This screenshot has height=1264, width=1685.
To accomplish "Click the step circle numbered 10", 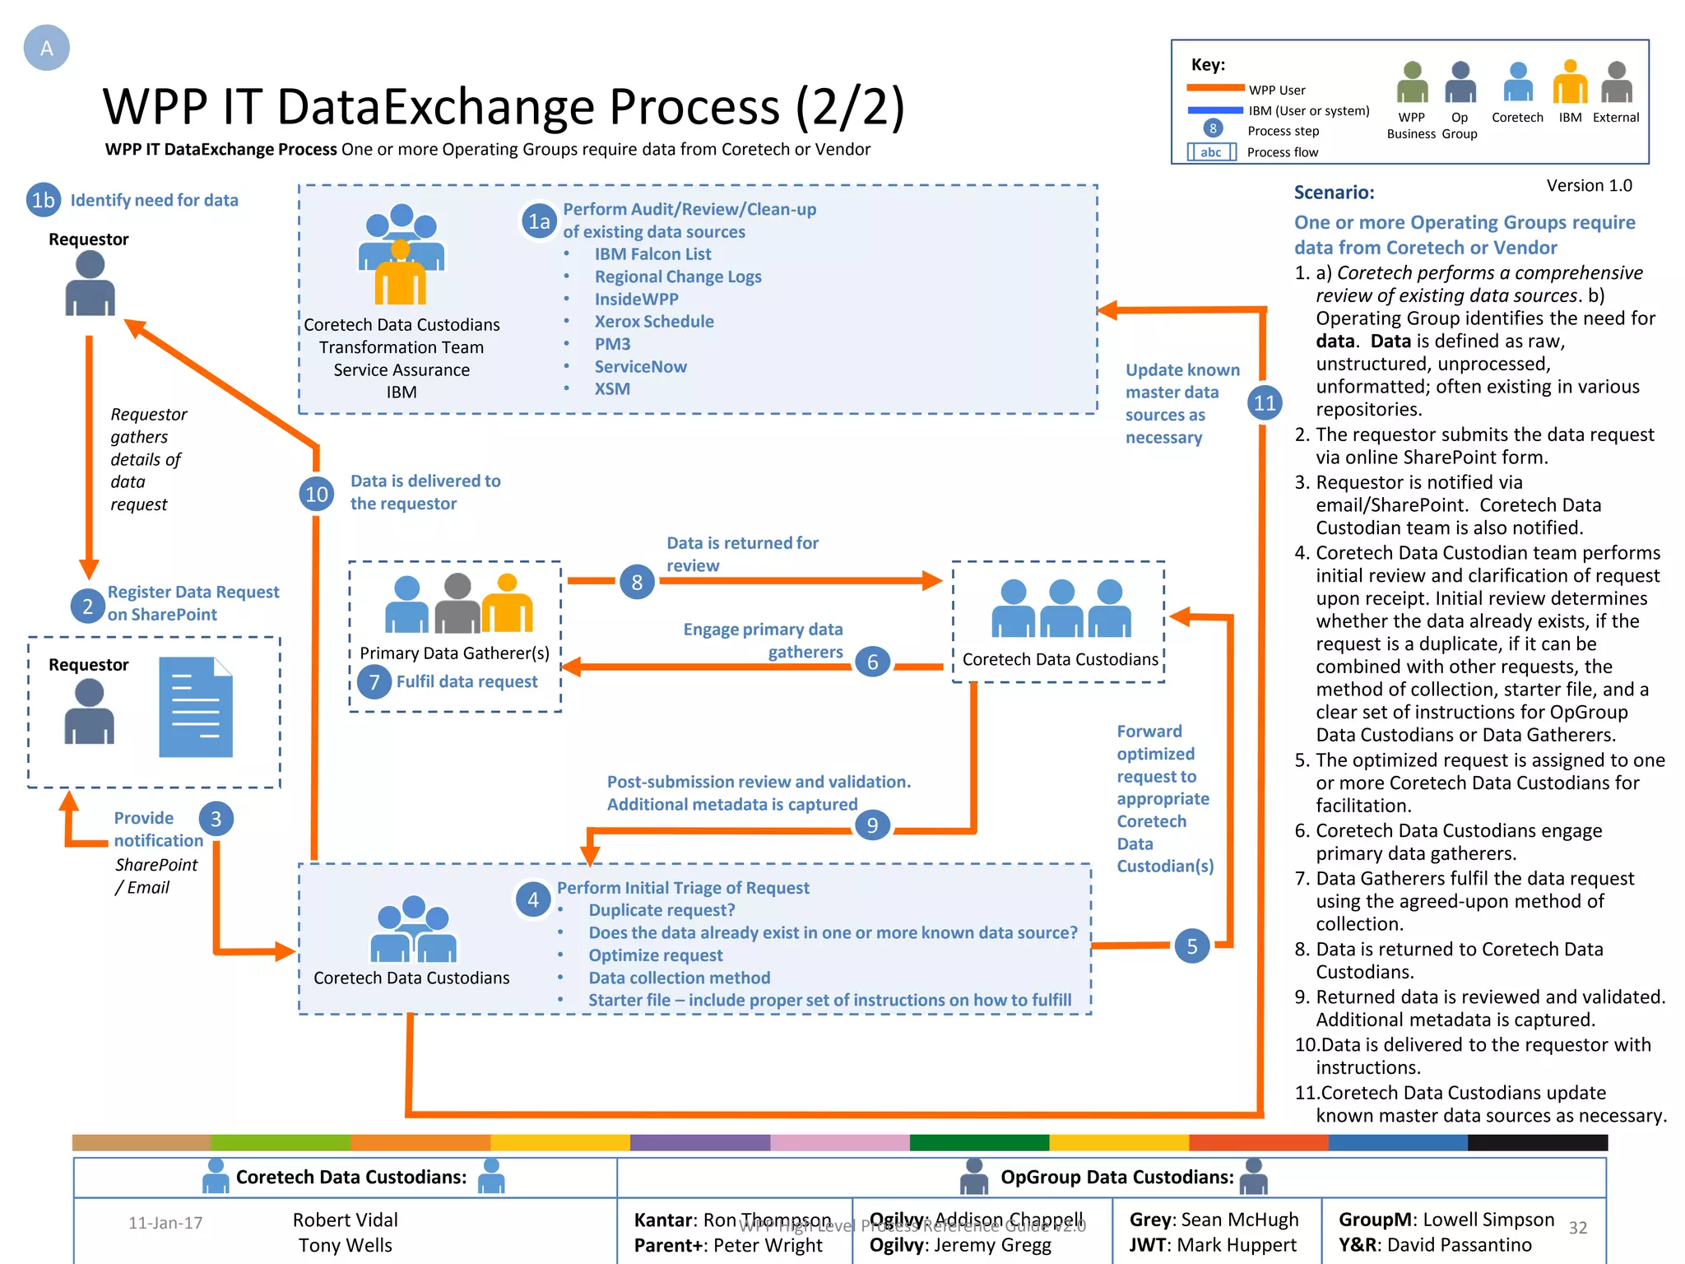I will click(317, 494).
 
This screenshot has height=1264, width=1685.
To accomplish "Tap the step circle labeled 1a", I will click(539, 221).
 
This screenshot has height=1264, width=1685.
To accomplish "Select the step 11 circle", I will click(1265, 402).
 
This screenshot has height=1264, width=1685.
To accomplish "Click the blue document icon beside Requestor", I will click(196, 707).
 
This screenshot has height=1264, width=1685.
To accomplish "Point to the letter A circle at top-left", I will click(47, 48).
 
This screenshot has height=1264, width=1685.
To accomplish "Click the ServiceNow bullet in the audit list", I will click(640, 367).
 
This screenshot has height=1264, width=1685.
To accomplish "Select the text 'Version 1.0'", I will click(1589, 186).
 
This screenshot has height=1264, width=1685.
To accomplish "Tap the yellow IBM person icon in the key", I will click(1570, 82).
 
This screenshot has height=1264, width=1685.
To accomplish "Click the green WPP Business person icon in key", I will click(1412, 82).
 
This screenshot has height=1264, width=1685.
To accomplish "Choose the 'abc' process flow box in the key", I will click(1211, 152).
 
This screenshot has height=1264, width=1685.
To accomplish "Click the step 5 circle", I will click(1192, 946).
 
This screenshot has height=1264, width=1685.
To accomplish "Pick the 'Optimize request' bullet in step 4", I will click(655, 955).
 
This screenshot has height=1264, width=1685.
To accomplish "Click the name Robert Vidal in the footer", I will click(345, 1220).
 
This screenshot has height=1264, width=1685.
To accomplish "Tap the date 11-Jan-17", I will click(165, 1223).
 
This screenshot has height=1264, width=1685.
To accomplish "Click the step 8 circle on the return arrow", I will click(637, 583).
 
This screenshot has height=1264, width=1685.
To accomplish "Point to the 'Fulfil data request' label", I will click(467, 681).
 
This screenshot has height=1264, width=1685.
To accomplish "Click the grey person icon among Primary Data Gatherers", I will click(457, 604).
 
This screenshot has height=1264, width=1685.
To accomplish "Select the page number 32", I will click(1577, 1228).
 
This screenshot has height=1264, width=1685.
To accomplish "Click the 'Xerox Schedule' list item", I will click(653, 322).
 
